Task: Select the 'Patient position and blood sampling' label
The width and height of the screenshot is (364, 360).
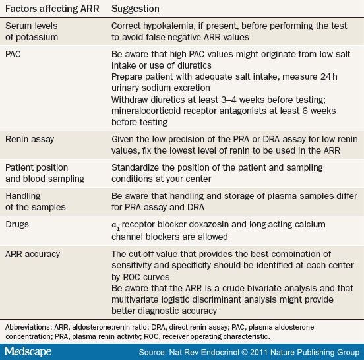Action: (x=45, y=173)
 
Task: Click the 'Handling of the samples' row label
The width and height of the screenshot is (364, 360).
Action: (x=36, y=202)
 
